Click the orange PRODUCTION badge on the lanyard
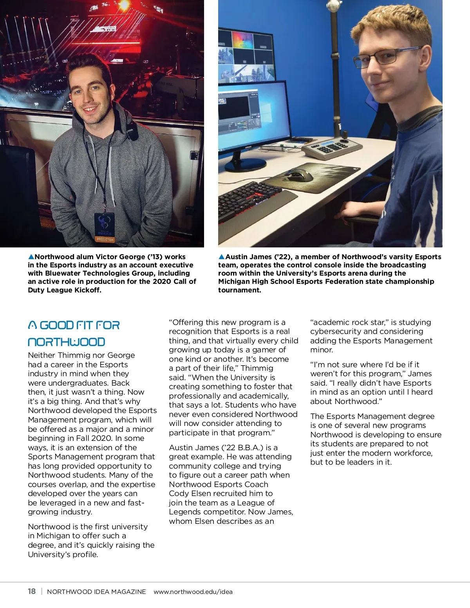click(105, 239)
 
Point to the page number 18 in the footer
click(32, 591)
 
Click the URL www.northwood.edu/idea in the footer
click(193, 592)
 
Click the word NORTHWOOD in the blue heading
click(67, 342)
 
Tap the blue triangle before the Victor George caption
click(31, 257)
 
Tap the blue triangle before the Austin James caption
click(222, 257)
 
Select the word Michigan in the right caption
click(234, 281)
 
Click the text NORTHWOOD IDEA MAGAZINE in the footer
click(96, 592)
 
